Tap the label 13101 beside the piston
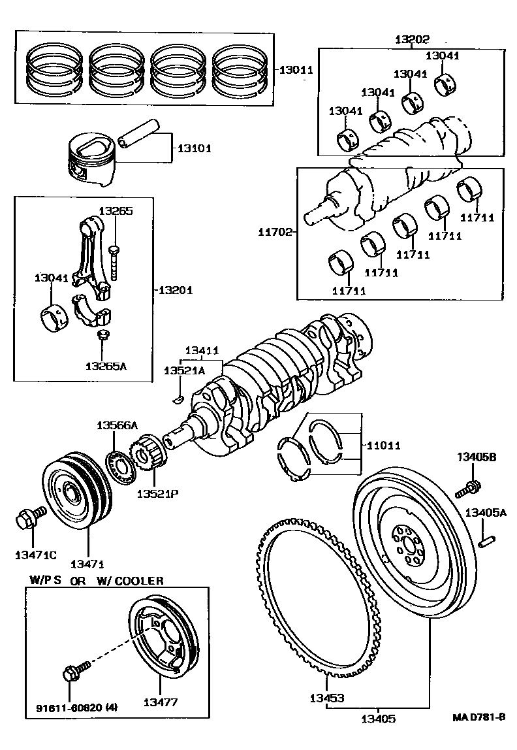click(x=191, y=148)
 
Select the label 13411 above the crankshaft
click(x=202, y=351)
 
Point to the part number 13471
click(x=87, y=563)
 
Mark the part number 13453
click(x=326, y=698)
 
